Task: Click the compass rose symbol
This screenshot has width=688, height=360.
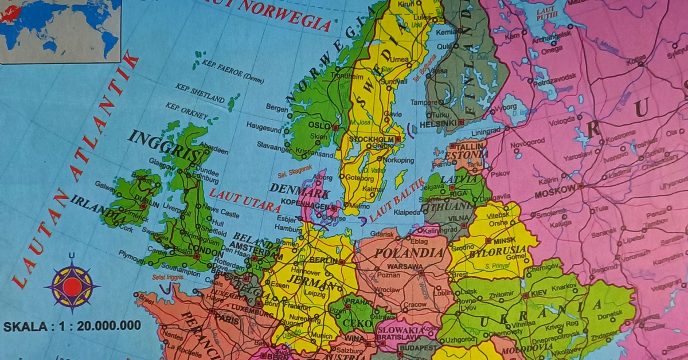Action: tap(72, 285)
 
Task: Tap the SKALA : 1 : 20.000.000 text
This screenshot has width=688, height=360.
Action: tap(72, 326)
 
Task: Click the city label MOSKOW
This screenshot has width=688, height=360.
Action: tap(554, 190)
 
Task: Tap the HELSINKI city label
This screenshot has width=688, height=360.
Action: tap(438, 123)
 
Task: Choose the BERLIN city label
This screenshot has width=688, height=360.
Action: tap(322, 259)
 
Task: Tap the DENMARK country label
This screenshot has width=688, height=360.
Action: tap(291, 190)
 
